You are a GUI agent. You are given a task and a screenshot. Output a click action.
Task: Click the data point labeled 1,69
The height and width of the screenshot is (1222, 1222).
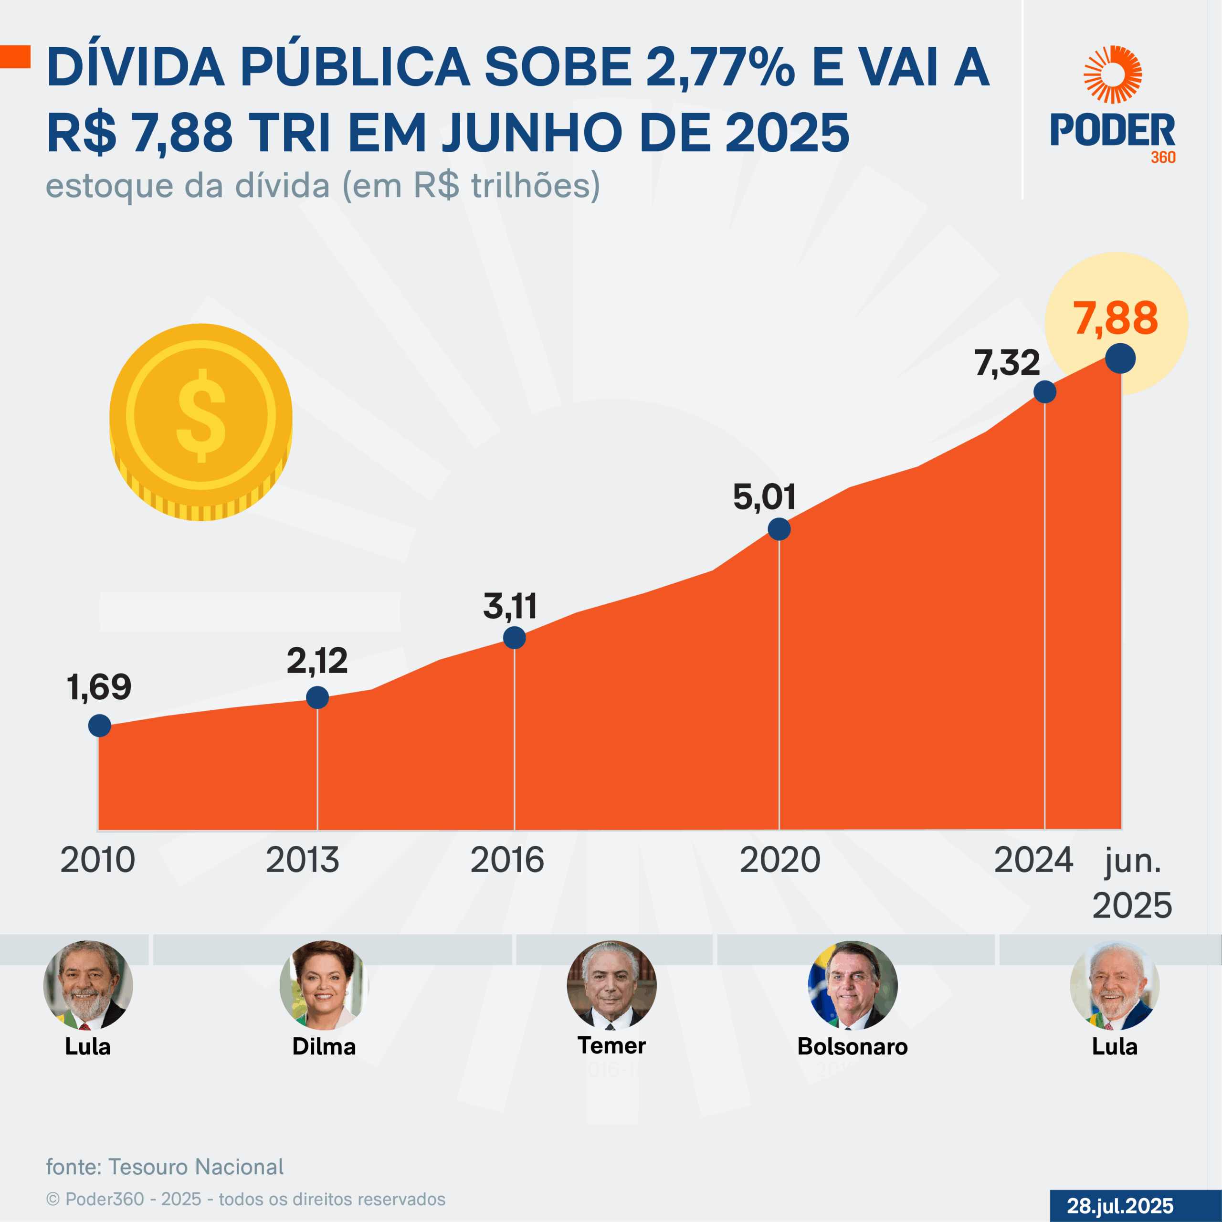pos(99,726)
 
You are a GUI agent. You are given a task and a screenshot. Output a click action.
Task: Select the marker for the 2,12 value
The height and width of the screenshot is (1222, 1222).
pos(317,698)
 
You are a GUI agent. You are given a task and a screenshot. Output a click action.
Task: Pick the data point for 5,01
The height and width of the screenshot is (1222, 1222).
pos(779,529)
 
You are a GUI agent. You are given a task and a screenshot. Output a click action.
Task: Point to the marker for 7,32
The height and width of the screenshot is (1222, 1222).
pos(1044,391)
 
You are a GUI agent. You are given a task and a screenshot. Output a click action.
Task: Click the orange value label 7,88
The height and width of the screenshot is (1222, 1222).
pos(1115,318)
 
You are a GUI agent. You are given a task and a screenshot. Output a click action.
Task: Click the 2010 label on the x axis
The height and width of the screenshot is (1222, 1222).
pos(97,860)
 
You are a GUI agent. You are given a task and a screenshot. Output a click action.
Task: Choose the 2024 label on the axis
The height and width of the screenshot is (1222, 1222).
pos(1033,860)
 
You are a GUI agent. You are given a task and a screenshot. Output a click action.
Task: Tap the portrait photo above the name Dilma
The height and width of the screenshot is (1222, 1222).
pos(324,985)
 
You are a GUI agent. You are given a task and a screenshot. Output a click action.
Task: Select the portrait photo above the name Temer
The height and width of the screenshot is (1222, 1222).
pos(611,985)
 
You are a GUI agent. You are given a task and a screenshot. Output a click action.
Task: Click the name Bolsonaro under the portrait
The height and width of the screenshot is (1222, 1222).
pos(852,1046)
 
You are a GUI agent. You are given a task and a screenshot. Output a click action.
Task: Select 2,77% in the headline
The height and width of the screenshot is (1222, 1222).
pos(720,67)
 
